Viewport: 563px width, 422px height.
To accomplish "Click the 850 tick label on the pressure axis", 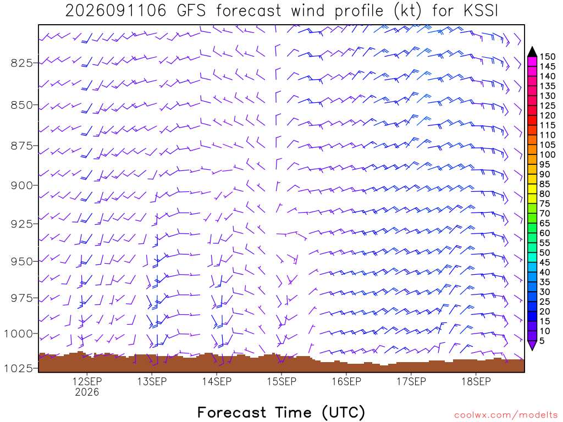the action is pyautogui.click(x=21, y=105).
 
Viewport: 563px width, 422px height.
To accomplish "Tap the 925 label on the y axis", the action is pyautogui.click(x=21, y=224).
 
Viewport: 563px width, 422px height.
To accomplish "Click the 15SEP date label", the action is pyautogui.click(x=281, y=381).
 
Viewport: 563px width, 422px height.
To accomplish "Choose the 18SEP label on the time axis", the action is pyautogui.click(x=476, y=381).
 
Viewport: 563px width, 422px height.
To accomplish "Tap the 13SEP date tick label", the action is pyautogui.click(x=152, y=381).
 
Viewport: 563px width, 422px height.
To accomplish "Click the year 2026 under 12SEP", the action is pyautogui.click(x=87, y=392).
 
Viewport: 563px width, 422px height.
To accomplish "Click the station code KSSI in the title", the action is pyautogui.click(x=481, y=11).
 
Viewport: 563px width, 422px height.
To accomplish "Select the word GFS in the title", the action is pyautogui.click(x=191, y=11).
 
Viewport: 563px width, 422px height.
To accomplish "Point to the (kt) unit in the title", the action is pyautogui.click(x=407, y=11).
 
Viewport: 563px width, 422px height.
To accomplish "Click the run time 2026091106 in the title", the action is pyautogui.click(x=116, y=11).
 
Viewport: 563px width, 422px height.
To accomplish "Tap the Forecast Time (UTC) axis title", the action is pyautogui.click(x=281, y=412).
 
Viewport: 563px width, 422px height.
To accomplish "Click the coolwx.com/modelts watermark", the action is pyautogui.click(x=506, y=415).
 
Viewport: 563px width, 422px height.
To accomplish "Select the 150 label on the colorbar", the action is pyautogui.click(x=548, y=57).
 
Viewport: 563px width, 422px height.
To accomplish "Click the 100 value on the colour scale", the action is pyautogui.click(x=548, y=154).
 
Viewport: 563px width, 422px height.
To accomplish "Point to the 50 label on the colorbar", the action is pyautogui.click(x=545, y=253).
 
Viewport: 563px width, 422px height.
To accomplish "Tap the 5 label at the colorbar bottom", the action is pyautogui.click(x=542, y=341).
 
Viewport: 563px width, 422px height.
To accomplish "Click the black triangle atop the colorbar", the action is pyautogui.click(x=532, y=52).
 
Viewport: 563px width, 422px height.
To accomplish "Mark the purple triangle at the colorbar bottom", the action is pyautogui.click(x=532, y=346).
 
